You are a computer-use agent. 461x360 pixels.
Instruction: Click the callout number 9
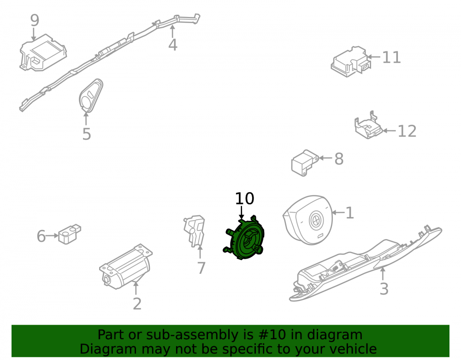(x=35, y=20)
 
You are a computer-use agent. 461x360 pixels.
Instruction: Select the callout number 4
(x=173, y=45)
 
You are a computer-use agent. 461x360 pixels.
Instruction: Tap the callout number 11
(x=391, y=57)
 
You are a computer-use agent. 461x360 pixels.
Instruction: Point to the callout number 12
(x=407, y=131)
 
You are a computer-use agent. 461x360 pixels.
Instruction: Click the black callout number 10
(x=244, y=199)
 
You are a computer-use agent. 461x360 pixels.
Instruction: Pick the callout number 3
(x=384, y=289)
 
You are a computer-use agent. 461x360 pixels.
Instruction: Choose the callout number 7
(x=201, y=268)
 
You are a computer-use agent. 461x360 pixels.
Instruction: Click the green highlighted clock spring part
(x=244, y=238)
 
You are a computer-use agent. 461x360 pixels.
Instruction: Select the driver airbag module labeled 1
(x=307, y=220)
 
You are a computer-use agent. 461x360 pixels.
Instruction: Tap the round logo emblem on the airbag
(x=316, y=220)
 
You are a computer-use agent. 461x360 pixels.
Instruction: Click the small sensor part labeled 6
(x=70, y=234)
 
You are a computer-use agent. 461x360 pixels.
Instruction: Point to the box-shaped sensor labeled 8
(x=304, y=163)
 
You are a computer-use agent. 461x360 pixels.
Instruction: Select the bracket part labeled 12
(x=368, y=125)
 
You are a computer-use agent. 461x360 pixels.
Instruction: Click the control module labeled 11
(x=350, y=62)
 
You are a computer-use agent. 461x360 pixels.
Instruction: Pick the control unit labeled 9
(x=43, y=53)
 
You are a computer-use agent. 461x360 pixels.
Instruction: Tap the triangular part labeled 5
(x=90, y=96)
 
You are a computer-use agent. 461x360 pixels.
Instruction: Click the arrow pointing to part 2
(x=136, y=288)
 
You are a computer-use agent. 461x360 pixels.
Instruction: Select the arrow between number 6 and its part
(x=52, y=236)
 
